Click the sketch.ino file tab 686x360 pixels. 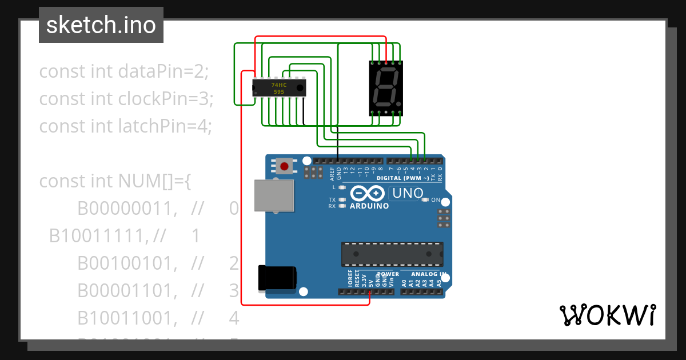pos(101,25)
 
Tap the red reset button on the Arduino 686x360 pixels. pos(284,167)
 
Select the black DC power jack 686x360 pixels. pos(277,278)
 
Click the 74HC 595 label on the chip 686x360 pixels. pos(278,88)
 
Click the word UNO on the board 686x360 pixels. pos(407,194)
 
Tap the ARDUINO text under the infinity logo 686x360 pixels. pos(369,206)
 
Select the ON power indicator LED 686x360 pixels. pos(425,200)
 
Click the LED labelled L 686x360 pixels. pos(342,187)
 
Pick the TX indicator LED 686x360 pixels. pos(342,200)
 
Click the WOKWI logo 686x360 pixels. pos(607,315)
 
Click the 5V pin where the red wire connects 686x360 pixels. pos(370,291)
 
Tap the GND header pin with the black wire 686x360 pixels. pos(338,162)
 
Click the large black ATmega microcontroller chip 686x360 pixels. pos(392,254)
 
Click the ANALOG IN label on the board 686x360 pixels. pos(429,274)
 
